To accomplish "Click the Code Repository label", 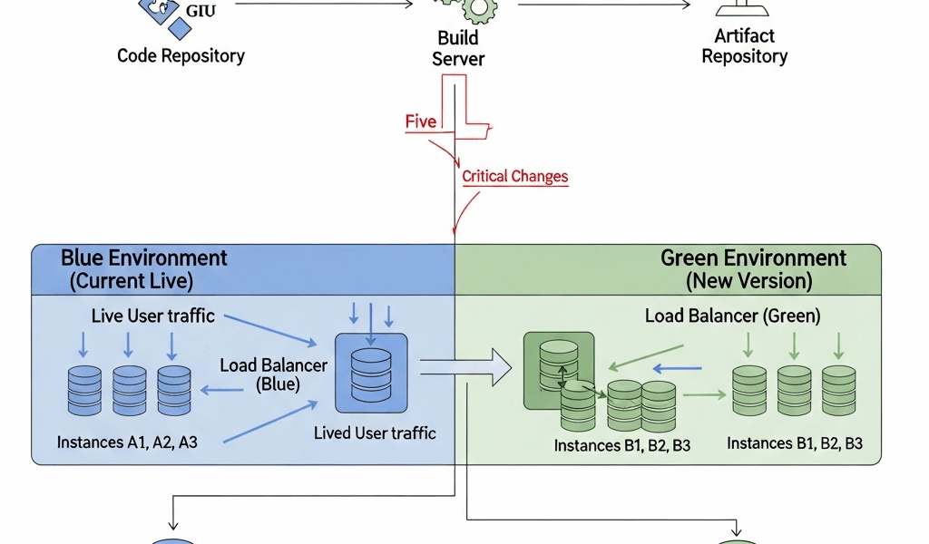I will point(181,56).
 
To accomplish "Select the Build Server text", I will point(458,49).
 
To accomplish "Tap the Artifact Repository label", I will point(744,46).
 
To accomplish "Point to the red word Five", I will point(421,122).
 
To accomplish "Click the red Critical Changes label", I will point(514,176).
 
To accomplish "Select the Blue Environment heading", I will point(143,257).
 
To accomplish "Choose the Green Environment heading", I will point(753,257).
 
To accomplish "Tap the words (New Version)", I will point(748,281).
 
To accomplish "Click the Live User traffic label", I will point(152,316).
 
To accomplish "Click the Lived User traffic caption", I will point(375,432).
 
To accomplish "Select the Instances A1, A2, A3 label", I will point(127,442).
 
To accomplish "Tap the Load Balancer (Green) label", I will point(732,316).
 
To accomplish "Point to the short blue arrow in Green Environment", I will point(679,369).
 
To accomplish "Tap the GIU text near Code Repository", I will point(201,11).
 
